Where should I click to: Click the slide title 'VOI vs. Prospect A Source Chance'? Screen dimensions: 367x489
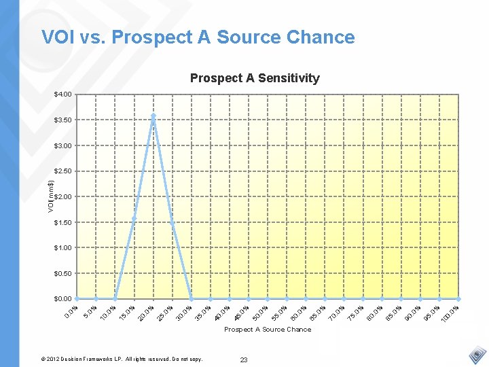click(x=198, y=37)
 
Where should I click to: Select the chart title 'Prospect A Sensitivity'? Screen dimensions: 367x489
click(x=255, y=78)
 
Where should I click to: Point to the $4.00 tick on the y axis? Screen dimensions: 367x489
click(x=63, y=94)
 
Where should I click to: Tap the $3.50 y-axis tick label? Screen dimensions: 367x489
click(x=63, y=120)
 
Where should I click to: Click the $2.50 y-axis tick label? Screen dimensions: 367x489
click(x=63, y=171)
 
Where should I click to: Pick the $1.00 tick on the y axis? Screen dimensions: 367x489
click(x=63, y=247)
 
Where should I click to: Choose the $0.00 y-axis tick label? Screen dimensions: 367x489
click(x=63, y=298)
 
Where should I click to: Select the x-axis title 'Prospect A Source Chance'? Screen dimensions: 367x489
click(x=268, y=330)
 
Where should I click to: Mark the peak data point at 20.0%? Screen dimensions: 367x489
click(x=153, y=116)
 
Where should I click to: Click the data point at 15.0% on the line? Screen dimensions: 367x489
click(x=134, y=217)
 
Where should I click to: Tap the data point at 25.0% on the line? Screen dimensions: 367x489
click(x=173, y=222)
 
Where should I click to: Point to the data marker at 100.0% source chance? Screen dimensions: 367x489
click(x=459, y=298)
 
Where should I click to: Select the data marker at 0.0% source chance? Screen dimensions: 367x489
click(x=77, y=298)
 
